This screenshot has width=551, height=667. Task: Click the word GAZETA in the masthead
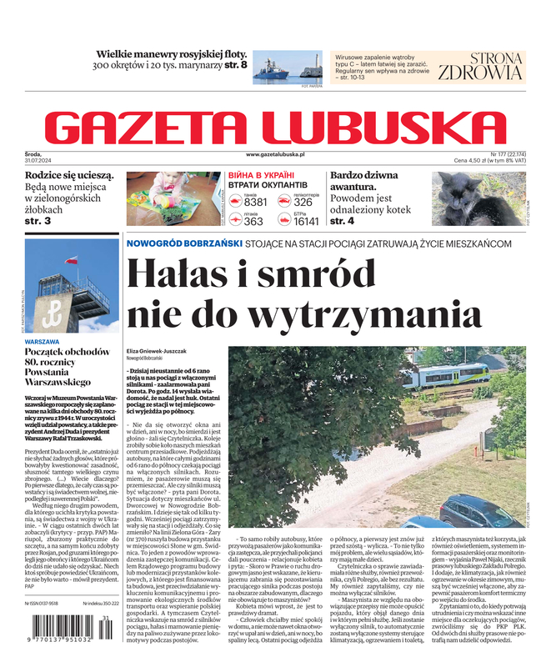(155, 127)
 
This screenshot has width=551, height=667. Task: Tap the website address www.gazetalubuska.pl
(275, 154)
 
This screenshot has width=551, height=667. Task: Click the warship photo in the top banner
(283, 67)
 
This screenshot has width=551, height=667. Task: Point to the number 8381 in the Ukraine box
(255, 203)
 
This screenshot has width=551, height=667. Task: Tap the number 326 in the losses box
(303, 203)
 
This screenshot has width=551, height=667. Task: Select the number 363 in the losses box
(253, 222)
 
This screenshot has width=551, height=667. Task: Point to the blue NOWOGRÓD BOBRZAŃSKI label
(183, 243)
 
